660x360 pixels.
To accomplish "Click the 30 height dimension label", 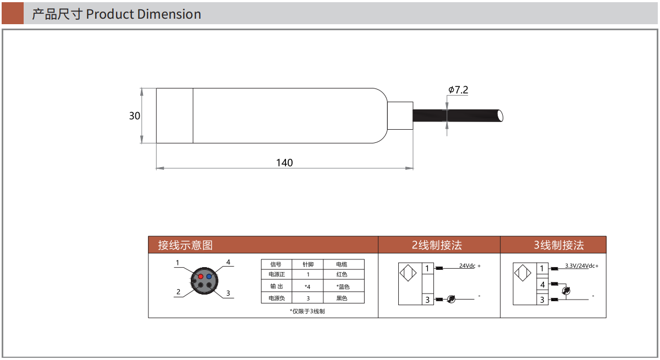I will click(135, 116).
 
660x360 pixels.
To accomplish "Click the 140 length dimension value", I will click(284, 163).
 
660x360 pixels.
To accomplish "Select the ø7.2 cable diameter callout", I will click(458, 90).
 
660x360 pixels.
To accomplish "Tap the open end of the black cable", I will click(500, 116).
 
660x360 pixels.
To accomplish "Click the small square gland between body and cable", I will click(400, 116).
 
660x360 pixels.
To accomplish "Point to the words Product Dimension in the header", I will click(144, 14).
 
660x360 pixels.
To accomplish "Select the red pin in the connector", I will click(201, 276).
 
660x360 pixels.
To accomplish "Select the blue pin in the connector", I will click(209, 276).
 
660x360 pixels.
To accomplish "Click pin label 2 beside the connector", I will click(178, 292).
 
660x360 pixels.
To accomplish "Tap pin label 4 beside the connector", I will click(228, 262).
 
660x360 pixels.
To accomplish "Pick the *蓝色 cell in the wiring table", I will click(343, 286).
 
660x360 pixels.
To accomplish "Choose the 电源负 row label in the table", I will click(276, 298).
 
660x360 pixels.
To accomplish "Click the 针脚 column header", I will click(308, 264).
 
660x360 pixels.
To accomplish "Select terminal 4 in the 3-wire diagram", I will click(542, 285).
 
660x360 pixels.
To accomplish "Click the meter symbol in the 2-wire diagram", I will click(451, 299).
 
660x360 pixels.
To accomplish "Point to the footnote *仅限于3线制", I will click(307, 311).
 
